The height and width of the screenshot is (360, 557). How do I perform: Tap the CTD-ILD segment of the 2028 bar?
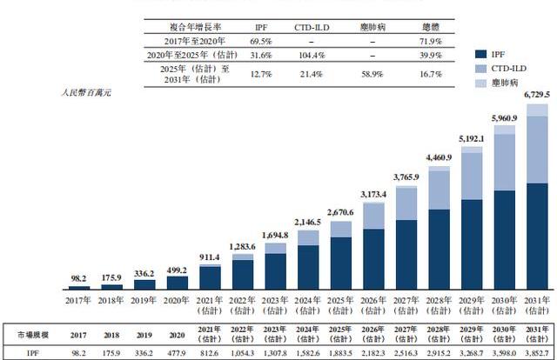click(x=440, y=189)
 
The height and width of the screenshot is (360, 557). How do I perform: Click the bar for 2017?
click(x=79, y=286)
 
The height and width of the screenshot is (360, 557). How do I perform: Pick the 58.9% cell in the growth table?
click(x=372, y=75)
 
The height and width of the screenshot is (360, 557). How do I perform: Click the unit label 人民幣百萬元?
click(x=87, y=91)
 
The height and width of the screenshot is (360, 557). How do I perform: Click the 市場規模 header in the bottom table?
click(x=35, y=334)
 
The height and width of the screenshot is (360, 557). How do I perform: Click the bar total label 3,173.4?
click(x=373, y=192)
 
